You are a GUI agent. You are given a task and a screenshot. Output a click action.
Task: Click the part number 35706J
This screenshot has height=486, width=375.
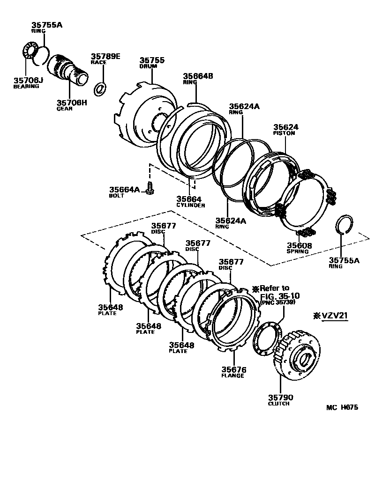coord(28,80)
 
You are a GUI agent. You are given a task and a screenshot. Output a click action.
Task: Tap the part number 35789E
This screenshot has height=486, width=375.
coord(105,57)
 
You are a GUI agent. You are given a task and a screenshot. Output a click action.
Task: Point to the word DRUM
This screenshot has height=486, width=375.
coord(147,66)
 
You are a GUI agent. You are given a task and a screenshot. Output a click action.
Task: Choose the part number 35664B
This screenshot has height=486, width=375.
coord(198,75)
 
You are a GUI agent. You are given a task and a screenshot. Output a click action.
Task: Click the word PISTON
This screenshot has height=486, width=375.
coord(284,133)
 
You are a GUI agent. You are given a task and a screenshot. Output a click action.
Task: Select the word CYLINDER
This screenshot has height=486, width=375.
coord(191,205)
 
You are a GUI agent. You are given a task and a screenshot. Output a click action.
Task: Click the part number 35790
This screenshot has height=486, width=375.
coord(280,398)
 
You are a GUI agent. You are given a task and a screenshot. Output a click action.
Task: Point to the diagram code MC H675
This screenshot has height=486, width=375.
coord(342,407)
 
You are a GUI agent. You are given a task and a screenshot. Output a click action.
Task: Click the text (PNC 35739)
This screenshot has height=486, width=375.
coord(277,303)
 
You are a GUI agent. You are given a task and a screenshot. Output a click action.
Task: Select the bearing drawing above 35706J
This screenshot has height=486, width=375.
coord(31,52)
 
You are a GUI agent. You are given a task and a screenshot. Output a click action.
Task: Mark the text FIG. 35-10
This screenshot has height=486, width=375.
coord(279,296)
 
